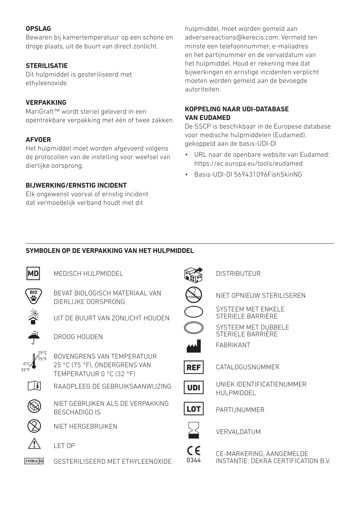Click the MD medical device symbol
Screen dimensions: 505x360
click(x=33, y=273)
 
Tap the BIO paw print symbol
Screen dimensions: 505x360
click(x=34, y=295)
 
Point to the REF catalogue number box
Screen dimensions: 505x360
click(x=194, y=368)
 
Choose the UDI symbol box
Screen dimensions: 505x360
click(x=194, y=388)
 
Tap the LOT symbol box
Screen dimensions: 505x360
click(x=194, y=409)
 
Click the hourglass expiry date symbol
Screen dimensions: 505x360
click(x=194, y=430)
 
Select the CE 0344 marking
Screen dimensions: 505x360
click(x=194, y=454)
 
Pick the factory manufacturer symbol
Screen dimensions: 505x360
click(x=194, y=346)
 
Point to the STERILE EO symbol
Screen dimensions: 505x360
click(x=34, y=461)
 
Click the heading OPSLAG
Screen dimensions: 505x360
click(x=38, y=29)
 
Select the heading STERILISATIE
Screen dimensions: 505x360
click(x=47, y=66)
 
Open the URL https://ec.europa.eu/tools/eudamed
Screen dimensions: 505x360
click(x=248, y=164)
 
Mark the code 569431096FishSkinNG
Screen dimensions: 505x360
click(x=268, y=175)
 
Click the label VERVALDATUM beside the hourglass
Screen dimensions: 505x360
click(x=238, y=432)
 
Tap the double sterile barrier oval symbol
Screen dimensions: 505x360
click(x=194, y=328)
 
